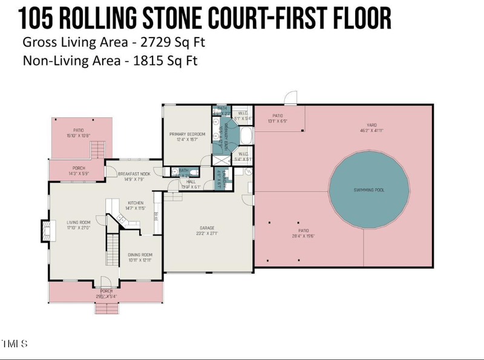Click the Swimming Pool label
[x=369, y=190]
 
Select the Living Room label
[x=78, y=222]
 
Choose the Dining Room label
[x=140, y=255]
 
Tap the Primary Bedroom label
[x=187, y=134]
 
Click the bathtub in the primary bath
[x=247, y=136]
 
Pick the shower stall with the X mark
[x=221, y=160]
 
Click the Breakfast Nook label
[x=134, y=174]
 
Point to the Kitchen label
[x=136, y=203]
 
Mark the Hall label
[x=191, y=181]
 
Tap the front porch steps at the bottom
[x=107, y=308]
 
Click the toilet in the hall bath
[x=174, y=171]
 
